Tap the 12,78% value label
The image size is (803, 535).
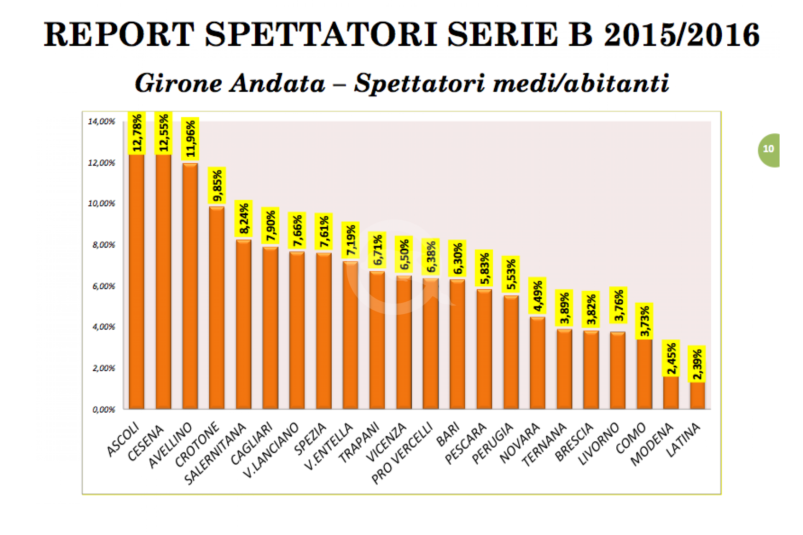point(137,133)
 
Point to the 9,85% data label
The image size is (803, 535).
point(217,186)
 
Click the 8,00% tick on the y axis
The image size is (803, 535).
point(104,245)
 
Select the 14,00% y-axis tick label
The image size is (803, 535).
point(101,122)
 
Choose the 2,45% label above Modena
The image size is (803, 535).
point(671,358)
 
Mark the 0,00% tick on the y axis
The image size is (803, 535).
point(104,410)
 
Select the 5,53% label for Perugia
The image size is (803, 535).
point(511,274)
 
